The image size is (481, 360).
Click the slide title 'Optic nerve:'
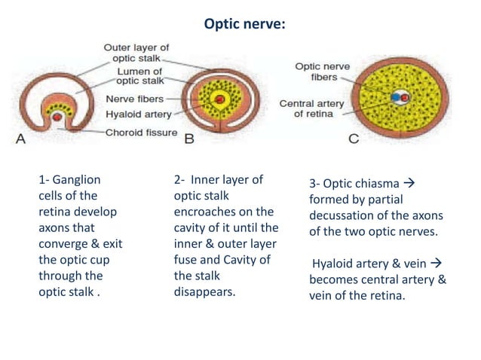[x=245, y=24]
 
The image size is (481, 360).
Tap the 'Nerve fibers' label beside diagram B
[x=133, y=99]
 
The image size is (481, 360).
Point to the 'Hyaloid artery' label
[x=138, y=114]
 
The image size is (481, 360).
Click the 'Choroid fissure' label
[x=141, y=133]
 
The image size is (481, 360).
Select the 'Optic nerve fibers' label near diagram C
[x=322, y=72]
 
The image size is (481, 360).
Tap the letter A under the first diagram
[x=20, y=138]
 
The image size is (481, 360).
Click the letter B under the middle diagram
[x=189, y=138]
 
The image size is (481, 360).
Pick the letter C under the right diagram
[x=354, y=138]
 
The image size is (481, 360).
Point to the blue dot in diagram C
[x=396, y=97]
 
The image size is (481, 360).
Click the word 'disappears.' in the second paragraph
[x=204, y=291]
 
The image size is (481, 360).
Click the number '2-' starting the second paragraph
[x=179, y=180]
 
